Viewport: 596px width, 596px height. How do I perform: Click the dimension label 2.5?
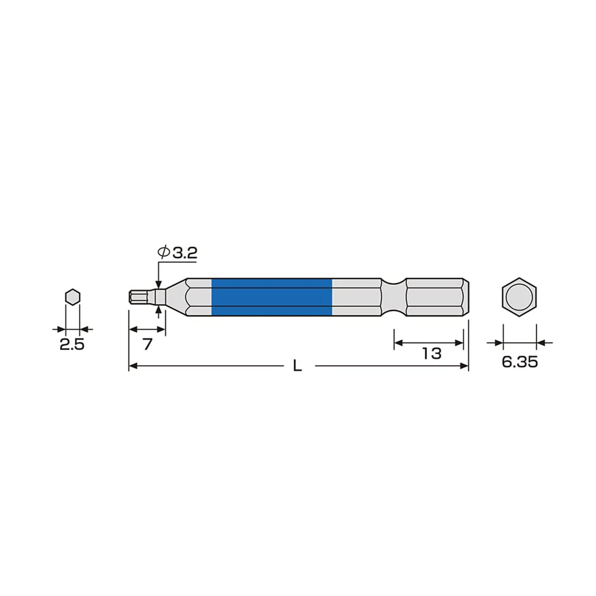point(72,344)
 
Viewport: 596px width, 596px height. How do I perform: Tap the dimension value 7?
point(148,344)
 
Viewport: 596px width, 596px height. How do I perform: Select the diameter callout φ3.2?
point(177,252)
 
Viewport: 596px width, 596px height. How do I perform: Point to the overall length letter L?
point(297,366)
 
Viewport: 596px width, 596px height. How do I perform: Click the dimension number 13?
point(431,353)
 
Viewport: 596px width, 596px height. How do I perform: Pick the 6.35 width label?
point(520,362)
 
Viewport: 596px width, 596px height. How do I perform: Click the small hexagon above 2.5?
point(73,297)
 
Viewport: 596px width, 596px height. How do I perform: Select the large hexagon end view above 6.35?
point(519,297)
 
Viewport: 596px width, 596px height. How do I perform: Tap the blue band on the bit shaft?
point(271,297)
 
